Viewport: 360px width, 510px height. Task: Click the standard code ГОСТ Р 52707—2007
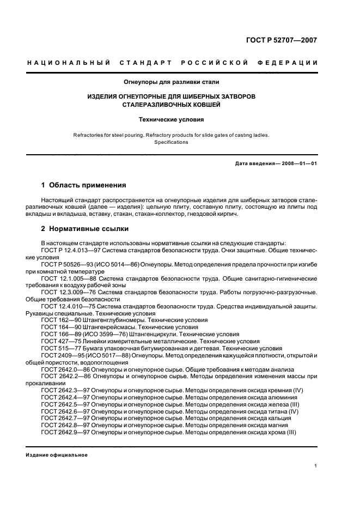tap(283, 40)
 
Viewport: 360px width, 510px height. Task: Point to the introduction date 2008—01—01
tap(297, 163)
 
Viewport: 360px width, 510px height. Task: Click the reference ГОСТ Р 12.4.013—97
tap(72, 250)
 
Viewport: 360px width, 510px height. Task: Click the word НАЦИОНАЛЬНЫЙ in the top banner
tap(69, 63)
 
